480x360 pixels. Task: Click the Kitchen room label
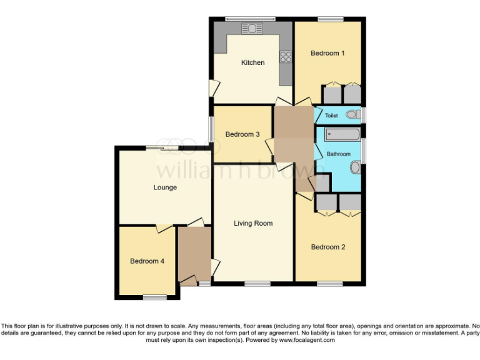click(x=253, y=62)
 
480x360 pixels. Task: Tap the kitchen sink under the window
click(x=254, y=28)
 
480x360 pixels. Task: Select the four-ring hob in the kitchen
click(x=287, y=57)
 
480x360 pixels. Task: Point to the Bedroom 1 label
click(x=327, y=53)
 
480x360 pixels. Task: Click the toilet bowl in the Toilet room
click(x=354, y=115)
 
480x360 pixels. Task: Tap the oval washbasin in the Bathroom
click(x=356, y=167)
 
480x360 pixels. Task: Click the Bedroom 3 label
click(x=242, y=134)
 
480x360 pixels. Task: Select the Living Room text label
click(x=253, y=223)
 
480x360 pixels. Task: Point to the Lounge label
click(x=165, y=187)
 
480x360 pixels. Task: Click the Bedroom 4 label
click(x=147, y=261)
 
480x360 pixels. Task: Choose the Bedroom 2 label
click(x=328, y=247)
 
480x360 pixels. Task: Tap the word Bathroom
click(x=338, y=154)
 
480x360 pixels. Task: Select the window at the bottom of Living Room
click(x=257, y=284)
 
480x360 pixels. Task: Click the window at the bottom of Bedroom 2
click(x=329, y=284)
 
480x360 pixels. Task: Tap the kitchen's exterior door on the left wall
click(x=212, y=88)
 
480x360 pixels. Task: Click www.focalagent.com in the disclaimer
click(x=307, y=341)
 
